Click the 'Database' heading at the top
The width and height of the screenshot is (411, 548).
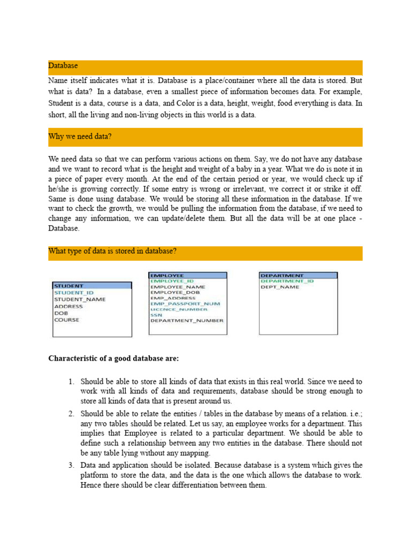63,66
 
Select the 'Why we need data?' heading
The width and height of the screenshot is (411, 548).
80,136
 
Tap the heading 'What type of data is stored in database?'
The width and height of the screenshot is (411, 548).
113,251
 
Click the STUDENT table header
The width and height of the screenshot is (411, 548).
69,286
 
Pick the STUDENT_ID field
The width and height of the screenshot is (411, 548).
74,293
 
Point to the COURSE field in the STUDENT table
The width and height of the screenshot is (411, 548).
66,320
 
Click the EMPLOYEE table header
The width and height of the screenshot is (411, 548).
168,275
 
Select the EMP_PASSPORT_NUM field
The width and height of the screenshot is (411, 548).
185,303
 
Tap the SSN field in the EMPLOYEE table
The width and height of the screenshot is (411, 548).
156,315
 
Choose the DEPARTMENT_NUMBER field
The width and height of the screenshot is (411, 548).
187,321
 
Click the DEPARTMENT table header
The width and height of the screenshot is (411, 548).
281,275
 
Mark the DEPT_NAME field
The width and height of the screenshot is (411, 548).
280,287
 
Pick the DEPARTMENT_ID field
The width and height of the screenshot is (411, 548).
287,281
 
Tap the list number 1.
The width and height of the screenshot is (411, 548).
71,382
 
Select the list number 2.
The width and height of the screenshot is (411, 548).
71,414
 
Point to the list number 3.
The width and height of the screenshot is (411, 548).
71,465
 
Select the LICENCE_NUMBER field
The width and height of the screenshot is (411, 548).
179,309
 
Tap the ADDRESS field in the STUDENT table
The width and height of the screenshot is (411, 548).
68,307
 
